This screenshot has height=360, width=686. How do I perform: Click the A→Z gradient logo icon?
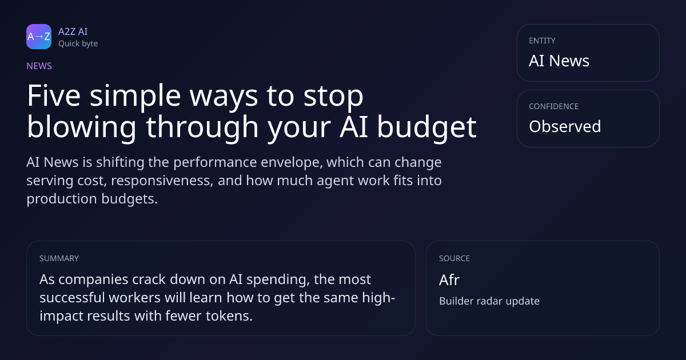click(39, 37)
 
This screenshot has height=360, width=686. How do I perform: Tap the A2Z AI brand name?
click(73, 31)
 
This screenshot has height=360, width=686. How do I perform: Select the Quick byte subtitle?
click(78, 44)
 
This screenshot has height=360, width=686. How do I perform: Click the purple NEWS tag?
click(39, 66)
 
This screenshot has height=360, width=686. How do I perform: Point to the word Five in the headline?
click(54, 95)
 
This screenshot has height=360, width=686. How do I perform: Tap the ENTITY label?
click(542, 41)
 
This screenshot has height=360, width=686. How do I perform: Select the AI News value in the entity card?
click(559, 61)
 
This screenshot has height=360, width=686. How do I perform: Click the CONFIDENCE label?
click(554, 106)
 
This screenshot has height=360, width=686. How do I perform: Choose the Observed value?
click(565, 126)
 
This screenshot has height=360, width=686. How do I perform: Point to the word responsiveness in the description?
click(162, 181)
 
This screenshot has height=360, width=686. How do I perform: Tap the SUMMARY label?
click(59, 258)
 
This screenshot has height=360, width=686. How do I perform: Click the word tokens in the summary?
click(229, 316)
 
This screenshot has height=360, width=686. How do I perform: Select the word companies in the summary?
click(93, 280)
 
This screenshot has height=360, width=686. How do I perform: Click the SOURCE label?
click(454, 258)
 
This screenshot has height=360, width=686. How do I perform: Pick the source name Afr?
click(449, 280)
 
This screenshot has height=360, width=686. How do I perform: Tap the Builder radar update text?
click(489, 301)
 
